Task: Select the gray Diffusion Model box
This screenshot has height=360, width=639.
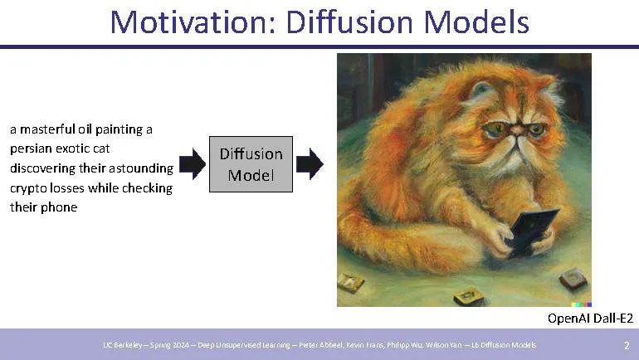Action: coord(251,164)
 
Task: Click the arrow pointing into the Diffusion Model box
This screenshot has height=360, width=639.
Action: coord(193,163)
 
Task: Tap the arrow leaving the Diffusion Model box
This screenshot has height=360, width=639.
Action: coord(310,163)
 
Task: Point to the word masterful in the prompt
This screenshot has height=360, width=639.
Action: coord(47,129)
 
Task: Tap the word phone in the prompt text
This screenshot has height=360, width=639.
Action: coord(58,207)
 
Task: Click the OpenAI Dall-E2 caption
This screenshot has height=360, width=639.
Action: coord(590,319)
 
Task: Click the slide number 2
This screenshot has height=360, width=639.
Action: coord(627,346)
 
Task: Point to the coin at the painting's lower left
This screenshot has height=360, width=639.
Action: coord(351,282)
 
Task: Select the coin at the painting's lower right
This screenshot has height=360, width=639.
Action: coord(573,280)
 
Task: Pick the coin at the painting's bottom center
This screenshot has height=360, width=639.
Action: coord(469,296)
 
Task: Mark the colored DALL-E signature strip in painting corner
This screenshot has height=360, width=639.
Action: coord(582,304)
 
